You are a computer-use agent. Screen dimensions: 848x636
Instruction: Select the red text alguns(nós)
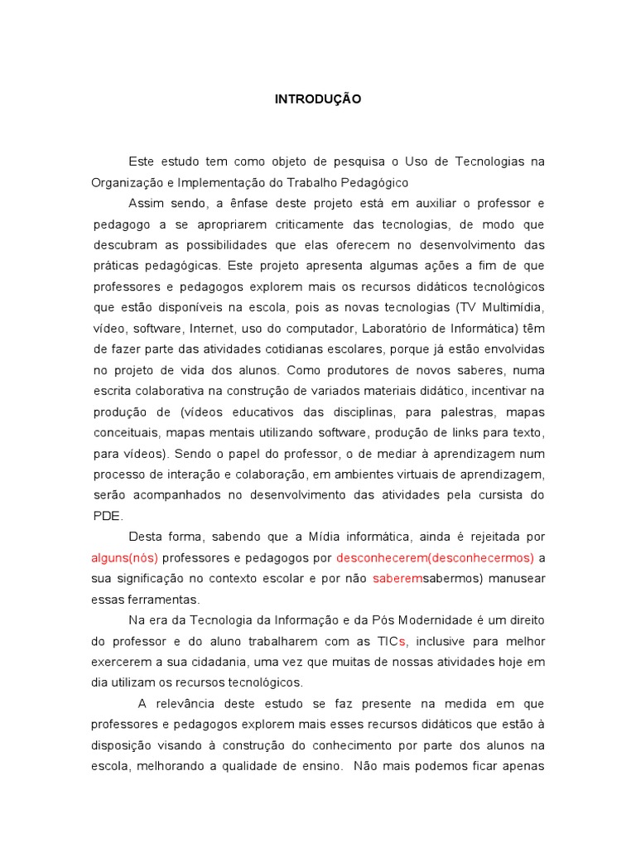coord(124,557)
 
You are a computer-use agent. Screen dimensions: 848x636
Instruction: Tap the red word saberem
coord(397,578)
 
